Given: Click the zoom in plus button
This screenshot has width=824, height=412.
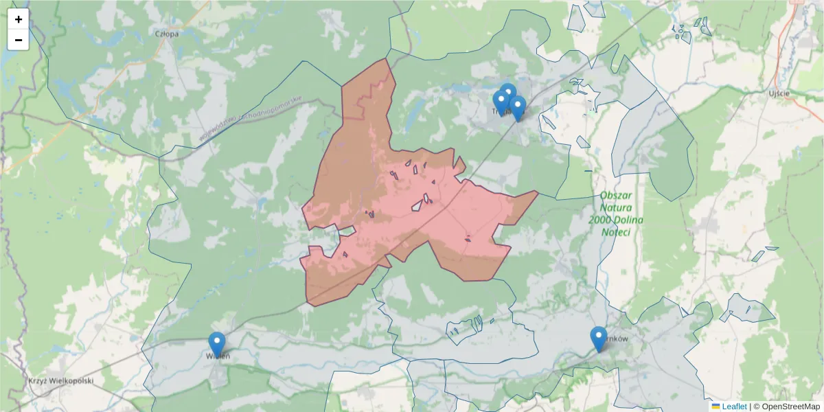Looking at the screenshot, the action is (x=19, y=19).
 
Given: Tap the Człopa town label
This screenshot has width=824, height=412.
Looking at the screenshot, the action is (x=167, y=33).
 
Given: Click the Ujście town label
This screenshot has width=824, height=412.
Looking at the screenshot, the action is (x=779, y=93).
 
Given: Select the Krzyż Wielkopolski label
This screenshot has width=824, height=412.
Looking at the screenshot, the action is (x=60, y=380).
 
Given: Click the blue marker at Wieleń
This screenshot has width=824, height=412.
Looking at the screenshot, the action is (x=217, y=343).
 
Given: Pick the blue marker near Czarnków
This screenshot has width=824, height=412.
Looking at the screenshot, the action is (x=599, y=338).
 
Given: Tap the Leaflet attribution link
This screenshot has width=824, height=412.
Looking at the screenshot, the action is (x=734, y=407).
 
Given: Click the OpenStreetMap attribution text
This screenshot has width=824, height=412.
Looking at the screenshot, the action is (x=786, y=407).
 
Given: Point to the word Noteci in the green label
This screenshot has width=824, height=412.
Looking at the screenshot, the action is (x=617, y=232).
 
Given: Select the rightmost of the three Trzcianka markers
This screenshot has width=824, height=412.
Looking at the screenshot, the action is (x=518, y=107).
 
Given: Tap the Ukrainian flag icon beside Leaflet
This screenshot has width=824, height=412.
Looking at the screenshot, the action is (x=716, y=407).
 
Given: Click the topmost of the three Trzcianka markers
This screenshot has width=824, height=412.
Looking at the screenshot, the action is (x=508, y=94).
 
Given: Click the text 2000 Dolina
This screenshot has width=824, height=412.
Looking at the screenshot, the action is (x=616, y=220).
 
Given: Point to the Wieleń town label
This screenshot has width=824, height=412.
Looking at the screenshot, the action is (x=218, y=356).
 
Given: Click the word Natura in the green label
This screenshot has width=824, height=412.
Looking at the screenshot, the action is (x=617, y=207).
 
